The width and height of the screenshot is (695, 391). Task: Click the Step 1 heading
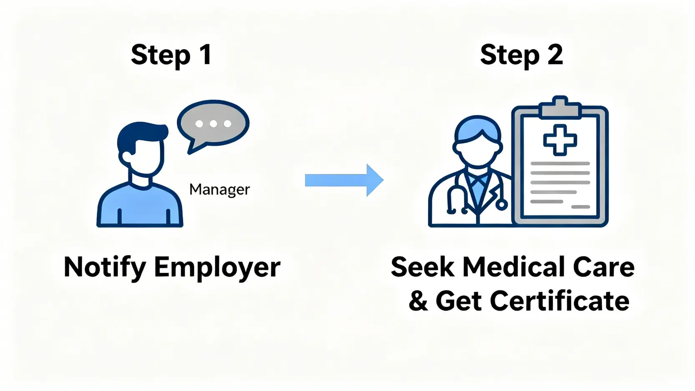pyautogui.click(x=171, y=55)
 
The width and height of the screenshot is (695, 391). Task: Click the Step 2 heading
pyautogui.click(x=521, y=55)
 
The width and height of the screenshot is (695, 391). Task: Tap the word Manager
pyautogui.click(x=219, y=189)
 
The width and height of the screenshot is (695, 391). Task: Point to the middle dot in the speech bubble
pyautogui.click(x=213, y=124)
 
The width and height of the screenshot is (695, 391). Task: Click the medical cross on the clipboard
pyautogui.click(x=560, y=140)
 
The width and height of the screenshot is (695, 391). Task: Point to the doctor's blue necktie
pyautogui.click(x=478, y=188)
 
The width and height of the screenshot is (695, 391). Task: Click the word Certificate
pyautogui.click(x=559, y=301)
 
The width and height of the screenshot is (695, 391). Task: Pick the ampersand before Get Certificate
pyautogui.click(x=418, y=301)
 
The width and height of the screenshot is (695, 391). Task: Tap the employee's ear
pyautogui.click(x=125, y=157)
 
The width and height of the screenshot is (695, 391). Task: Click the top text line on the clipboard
pyautogui.click(x=560, y=164)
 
